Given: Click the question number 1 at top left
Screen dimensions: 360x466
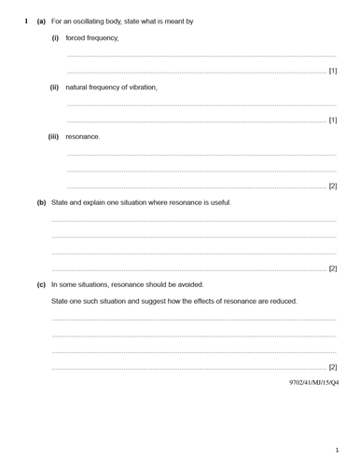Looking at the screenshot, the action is pyautogui.click(x=25, y=21).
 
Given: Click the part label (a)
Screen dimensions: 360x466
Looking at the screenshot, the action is pyautogui.click(x=41, y=21).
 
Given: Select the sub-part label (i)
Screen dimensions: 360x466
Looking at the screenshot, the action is pyautogui.click(x=55, y=38).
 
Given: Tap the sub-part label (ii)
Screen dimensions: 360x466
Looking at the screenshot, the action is pyautogui.click(x=54, y=88).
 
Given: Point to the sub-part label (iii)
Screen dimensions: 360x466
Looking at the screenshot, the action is pyautogui.click(x=53, y=137).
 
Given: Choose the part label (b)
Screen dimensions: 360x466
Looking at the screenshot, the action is pyautogui.click(x=41, y=202).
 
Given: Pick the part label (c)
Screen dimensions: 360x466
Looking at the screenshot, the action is pyautogui.click(x=41, y=284).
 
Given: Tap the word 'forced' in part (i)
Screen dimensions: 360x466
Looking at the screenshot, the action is pyautogui.click(x=76, y=38).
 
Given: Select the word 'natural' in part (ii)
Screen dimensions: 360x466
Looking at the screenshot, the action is pyautogui.click(x=77, y=88).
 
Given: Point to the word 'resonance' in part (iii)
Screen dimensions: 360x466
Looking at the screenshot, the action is pyautogui.click(x=82, y=137).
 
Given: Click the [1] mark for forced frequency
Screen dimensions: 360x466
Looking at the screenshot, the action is pyautogui.click(x=333, y=71).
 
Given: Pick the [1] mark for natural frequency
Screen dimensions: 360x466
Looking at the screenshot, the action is pyautogui.click(x=333, y=120).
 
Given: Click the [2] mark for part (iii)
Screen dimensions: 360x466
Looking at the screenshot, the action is pyautogui.click(x=333, y=186).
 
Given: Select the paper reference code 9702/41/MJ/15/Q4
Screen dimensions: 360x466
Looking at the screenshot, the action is pyautogui.click(x=314, y=382).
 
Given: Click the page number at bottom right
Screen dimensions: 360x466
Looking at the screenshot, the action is pyautogui.click(x=337, y=450).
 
